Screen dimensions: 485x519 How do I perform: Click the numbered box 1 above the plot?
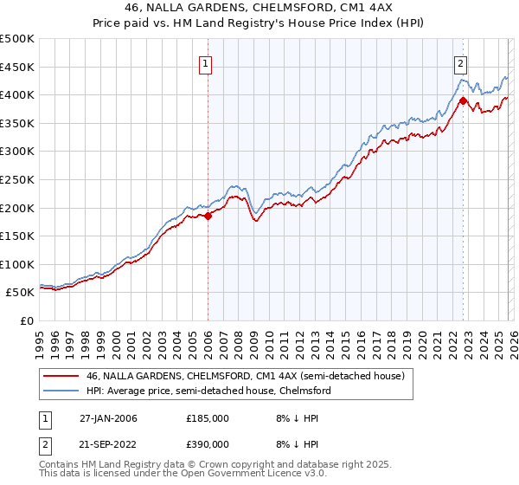[x=207, y=62]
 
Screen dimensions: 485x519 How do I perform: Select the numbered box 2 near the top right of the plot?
[x=461, y=62]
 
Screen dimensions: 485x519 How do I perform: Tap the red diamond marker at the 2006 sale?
[x=208, y=217]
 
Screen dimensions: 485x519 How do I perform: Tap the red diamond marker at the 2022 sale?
[x=463, y=100]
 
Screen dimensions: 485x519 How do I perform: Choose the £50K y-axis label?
[x=21, y=293]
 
